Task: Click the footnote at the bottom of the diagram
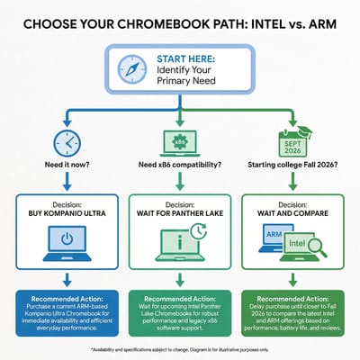pos(180,348)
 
